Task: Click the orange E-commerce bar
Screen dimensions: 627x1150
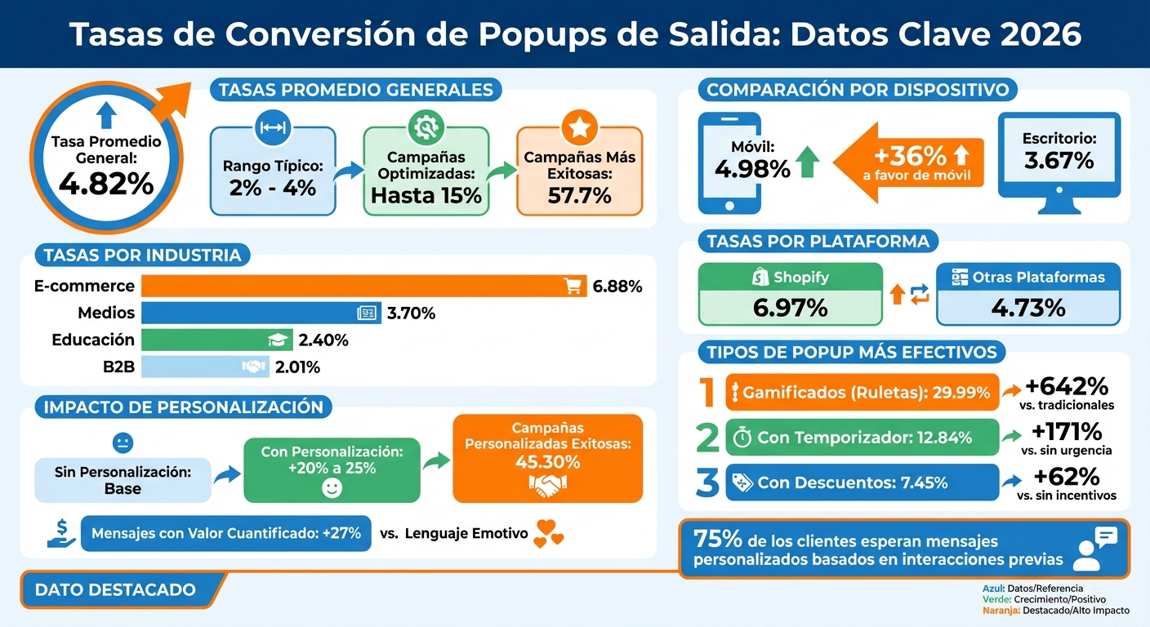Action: click(x=351, y=286)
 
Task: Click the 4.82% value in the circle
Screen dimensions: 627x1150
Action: click(x=106, y=185)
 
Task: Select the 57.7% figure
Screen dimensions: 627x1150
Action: click(x=579, y=196)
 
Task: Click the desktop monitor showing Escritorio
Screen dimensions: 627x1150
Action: click(x=1059, y=155)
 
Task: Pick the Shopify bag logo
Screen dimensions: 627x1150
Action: click(x=760, y=278)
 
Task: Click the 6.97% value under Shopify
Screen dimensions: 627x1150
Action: click(x=790, y=308)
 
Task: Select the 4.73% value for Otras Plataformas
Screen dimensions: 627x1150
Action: click(x=1027, y=308)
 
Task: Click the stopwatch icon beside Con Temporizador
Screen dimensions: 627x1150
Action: click(x=742, y=438)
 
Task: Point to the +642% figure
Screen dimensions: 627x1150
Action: click(x=1069, y=385)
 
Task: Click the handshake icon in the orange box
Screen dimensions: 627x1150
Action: click(x=547, y=488)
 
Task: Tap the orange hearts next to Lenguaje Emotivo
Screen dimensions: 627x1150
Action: click(x=547, y=535)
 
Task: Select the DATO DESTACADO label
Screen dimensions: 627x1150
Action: click(x=116, y=589)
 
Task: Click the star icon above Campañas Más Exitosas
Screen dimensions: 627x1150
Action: click(x=579, y=127)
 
